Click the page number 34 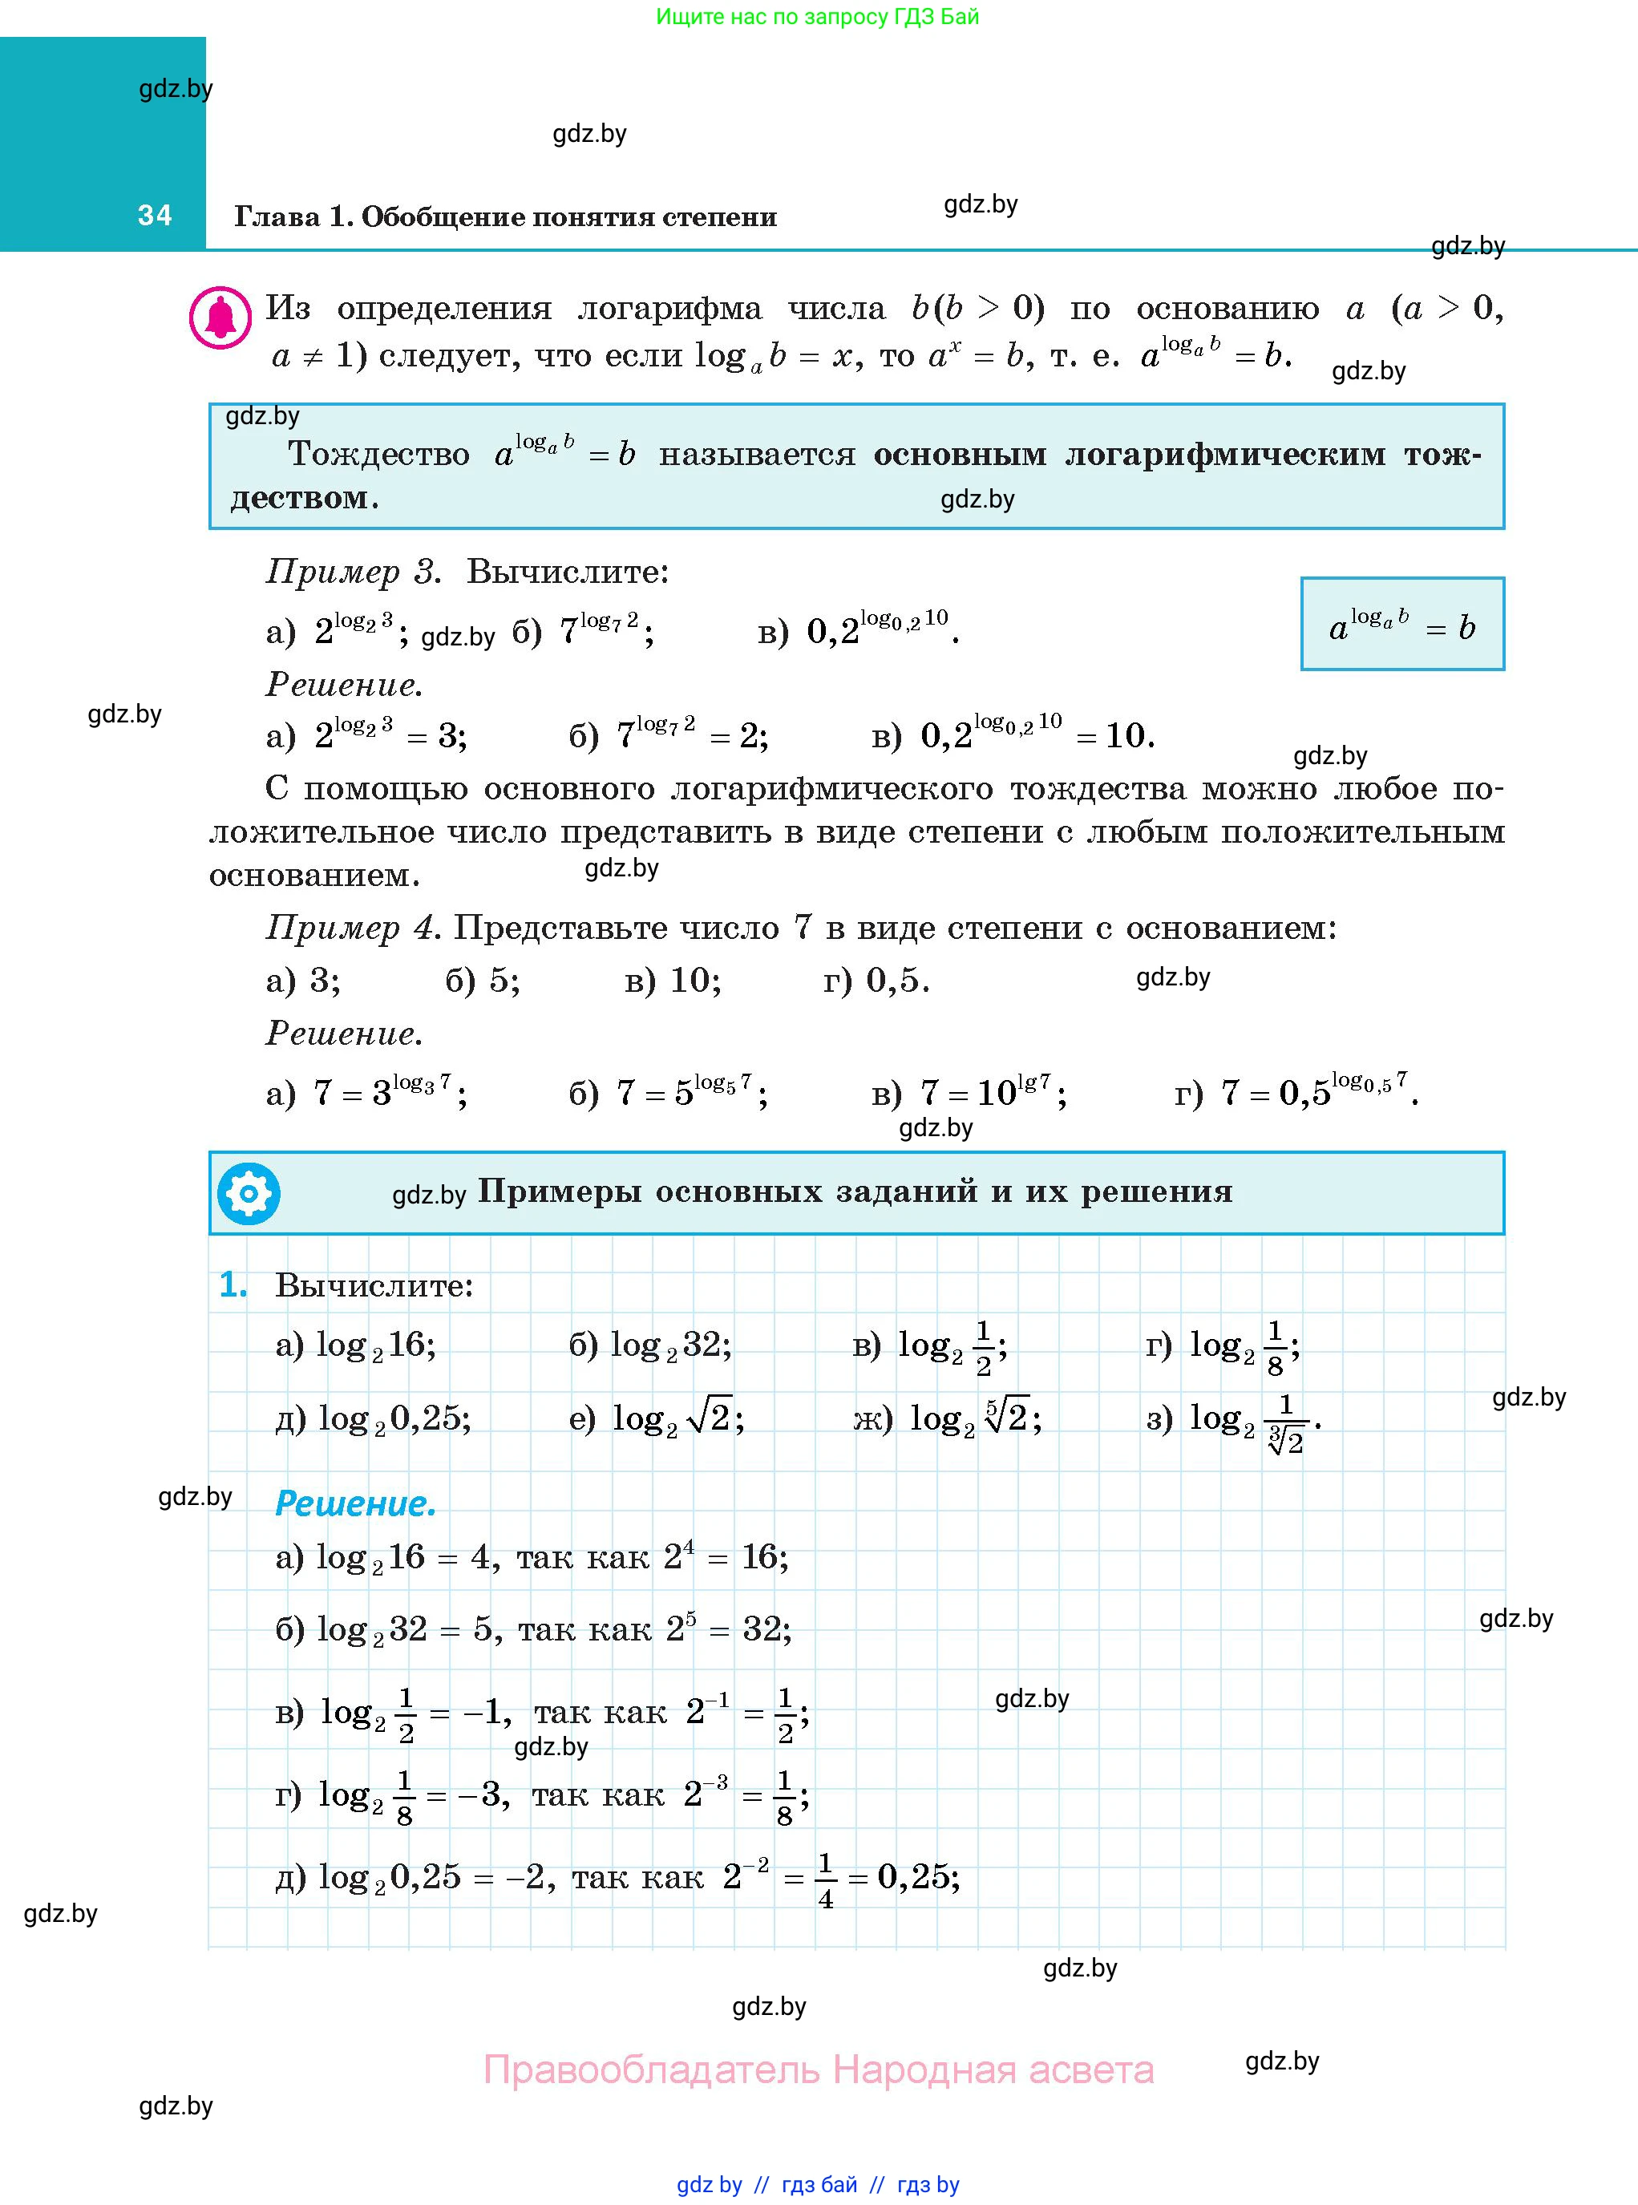[155, 215]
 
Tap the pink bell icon [220, 318]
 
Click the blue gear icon [248, 1193]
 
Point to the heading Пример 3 [353, 572]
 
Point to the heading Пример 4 [353, 928]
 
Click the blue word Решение [355, 1503]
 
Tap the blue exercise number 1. [233, 1285]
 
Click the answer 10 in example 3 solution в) [1127, 735]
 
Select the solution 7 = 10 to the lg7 [992, 1093]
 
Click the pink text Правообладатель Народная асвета [818, 2069]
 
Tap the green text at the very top [817, 17]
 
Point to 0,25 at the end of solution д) [916, 1877]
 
